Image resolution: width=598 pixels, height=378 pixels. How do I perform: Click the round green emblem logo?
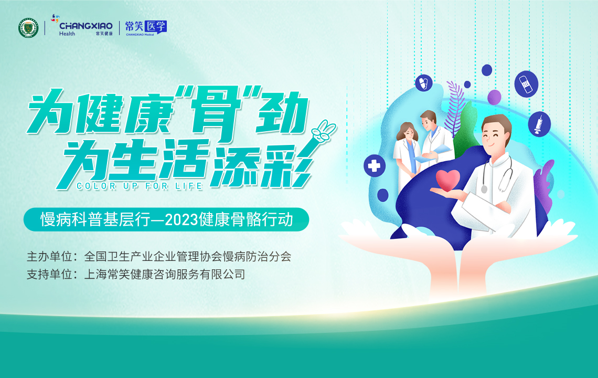pyautogui.click(x=28, y=28)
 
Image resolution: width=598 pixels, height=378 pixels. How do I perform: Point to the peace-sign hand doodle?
pyautogui.click(x=322, y=132)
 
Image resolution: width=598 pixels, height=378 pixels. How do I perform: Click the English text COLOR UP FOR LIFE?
pyautogui.click(x=140, y=186)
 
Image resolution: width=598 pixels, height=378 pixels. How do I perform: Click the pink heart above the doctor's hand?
pyautogui.click(x=448, y=180)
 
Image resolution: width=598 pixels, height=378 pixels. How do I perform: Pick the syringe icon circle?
pyautogui.click(x=539, y=124)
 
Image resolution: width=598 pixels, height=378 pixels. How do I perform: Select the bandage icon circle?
pyautogui.click(x=526, y=83)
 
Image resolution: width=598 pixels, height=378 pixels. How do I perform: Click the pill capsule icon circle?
pyautogui.click(x=424, y=82)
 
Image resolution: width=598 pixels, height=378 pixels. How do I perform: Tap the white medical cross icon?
pyautogui.click(x=374, y=166)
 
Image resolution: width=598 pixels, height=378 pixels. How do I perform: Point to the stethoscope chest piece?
pyautogui.click(x=484, y=188)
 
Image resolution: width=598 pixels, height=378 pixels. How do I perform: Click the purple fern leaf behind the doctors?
pyautogui.click(x=455, y=107)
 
